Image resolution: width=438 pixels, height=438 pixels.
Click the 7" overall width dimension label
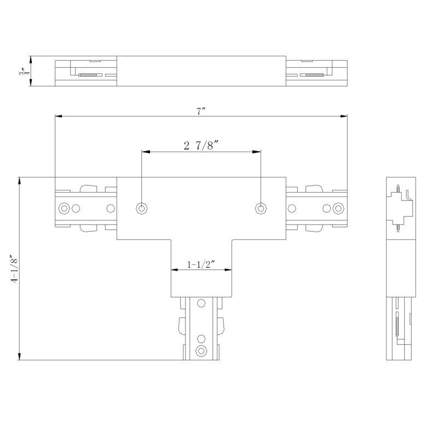[x=201, y=111]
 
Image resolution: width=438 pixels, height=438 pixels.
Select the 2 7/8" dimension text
[x=201, y=146]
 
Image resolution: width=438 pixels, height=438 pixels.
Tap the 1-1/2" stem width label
[x=201, y=264]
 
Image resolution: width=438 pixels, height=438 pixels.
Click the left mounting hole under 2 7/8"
[x=142, y=208]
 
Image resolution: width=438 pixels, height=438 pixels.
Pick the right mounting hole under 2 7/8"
[x=261, y=208]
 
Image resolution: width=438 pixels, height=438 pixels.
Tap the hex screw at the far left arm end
[x=64, y=208]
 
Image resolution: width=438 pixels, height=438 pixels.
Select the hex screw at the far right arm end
[x=338, y=208]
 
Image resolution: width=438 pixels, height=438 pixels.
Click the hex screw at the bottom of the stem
[x=201, y=350]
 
